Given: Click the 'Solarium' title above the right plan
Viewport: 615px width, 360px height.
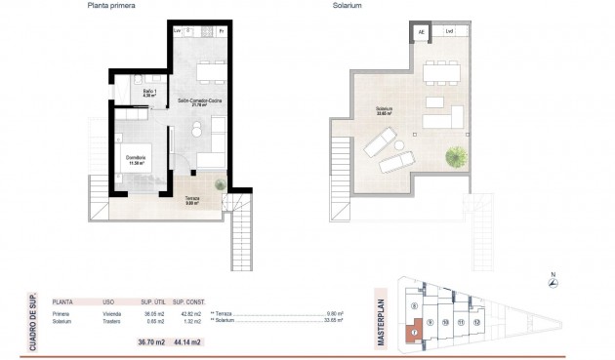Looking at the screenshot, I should click(x=346, y=6).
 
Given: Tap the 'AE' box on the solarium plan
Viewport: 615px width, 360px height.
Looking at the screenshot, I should click(x=422, y=32).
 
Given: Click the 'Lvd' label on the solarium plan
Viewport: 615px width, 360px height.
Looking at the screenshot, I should click(x=449, y=32).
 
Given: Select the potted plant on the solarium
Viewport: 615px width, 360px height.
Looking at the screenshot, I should click(x=455, y=155).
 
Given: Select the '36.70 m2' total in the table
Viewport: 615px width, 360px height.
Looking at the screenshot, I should click(x=152, y=341).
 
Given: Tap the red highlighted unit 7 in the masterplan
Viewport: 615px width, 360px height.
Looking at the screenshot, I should click(x=414, y=332).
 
